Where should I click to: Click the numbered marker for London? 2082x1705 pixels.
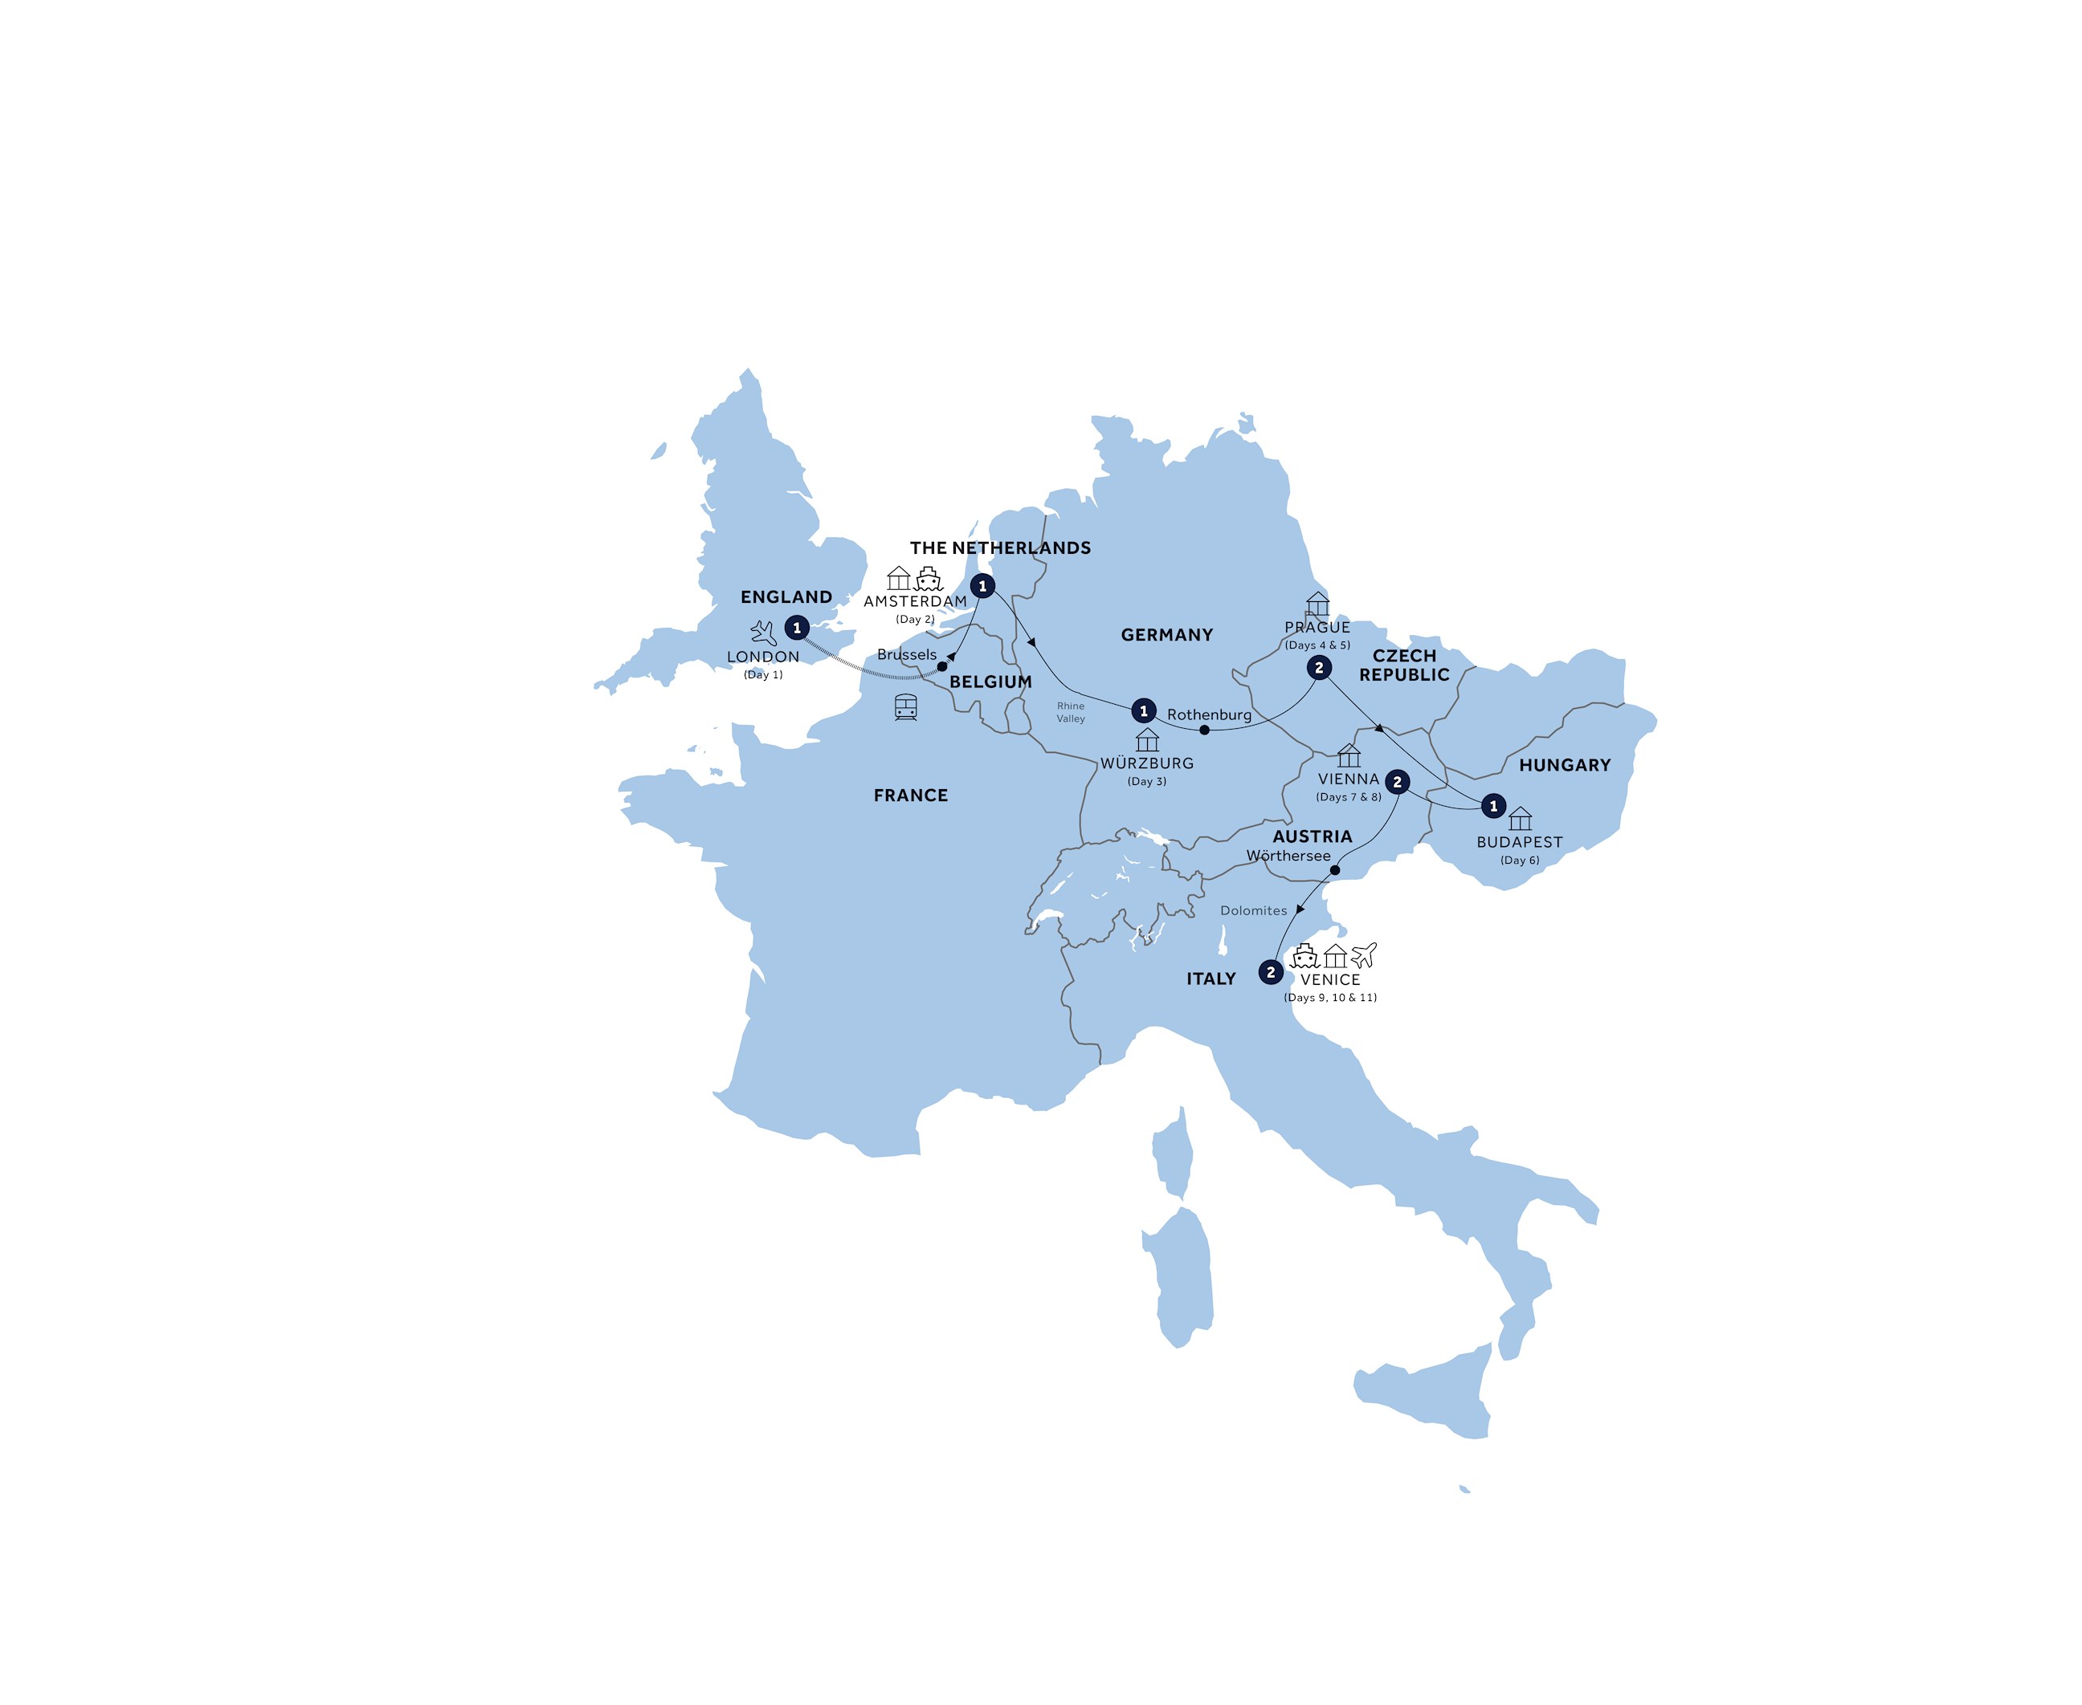[x=797, y=628]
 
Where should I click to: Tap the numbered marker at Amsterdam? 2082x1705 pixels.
[x=982, y=586]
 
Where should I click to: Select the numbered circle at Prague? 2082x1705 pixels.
[x=1319, y=668]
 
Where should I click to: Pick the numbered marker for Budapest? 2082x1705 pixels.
[x=1493, y=806]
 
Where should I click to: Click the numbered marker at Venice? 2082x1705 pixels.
[x=1271, y=972]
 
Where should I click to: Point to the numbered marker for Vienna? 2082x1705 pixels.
[x=1397, y=783]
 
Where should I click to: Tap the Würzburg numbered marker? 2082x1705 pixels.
[x=1144, y=711]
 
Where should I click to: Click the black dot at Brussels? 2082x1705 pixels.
[x=942, y=666]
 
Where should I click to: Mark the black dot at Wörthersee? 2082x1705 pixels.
[x=1334, y=870]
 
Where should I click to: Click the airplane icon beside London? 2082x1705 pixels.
[x=763, y=632]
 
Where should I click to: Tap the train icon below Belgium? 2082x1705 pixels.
[x=906, y=707]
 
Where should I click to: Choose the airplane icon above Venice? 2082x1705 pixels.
[x=1364, y=954]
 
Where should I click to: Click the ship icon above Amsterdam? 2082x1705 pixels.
[x=929, y=579]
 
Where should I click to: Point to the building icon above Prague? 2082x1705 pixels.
[x=1317, y=604]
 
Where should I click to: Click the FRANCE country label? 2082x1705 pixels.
[x=911, y=796]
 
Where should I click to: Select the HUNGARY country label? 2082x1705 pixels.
[x=1564, y=765]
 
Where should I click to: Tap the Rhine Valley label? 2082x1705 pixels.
[x=1071, y=712]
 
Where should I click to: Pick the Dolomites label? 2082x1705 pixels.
[x=1254, y=910]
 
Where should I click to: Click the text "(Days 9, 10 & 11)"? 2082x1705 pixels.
[x=1330, y=997]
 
